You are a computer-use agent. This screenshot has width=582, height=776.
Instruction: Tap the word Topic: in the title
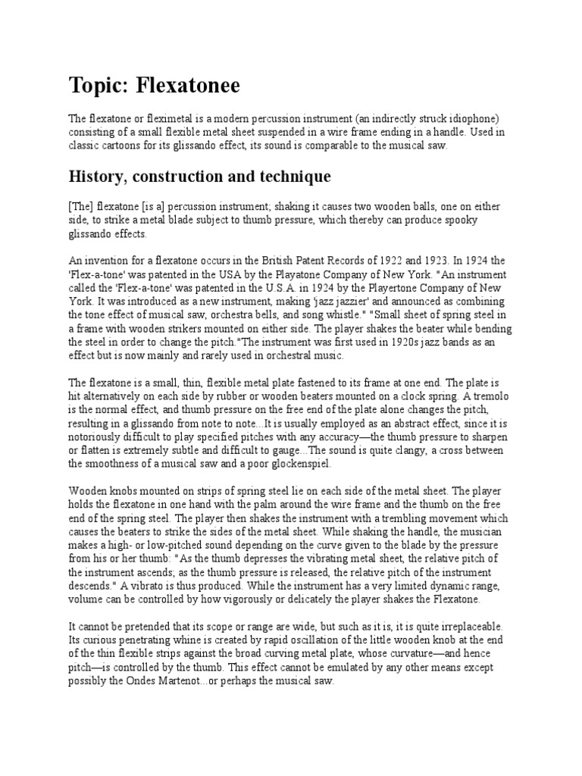(x=100, y=86)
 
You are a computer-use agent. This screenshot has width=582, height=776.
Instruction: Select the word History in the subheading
(x=97, y=177)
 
